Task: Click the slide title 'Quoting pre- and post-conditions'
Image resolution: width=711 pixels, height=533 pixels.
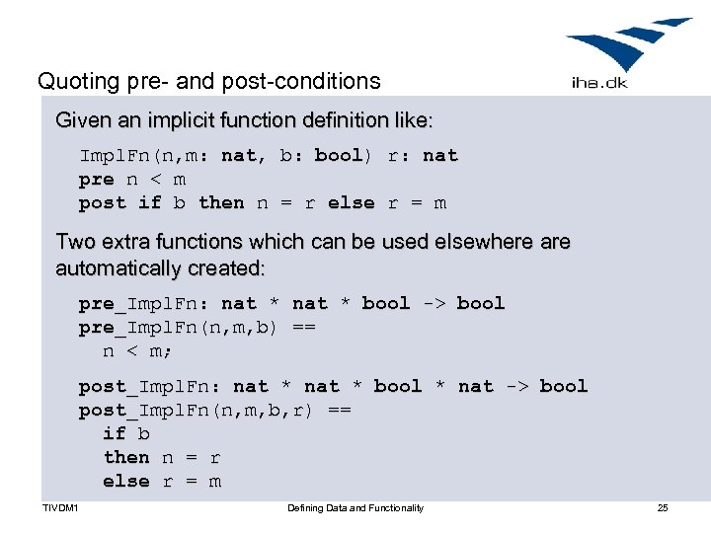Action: [208, 80]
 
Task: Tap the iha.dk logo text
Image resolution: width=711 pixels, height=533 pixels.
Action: [598, 84]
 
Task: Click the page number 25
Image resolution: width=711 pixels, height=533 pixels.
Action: [663, 507]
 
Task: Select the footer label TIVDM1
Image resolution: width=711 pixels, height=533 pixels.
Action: [60, 507]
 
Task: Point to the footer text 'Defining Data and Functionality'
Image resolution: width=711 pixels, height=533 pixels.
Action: [355, 507]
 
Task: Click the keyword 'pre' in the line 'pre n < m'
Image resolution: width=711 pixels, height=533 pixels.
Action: [97, 179]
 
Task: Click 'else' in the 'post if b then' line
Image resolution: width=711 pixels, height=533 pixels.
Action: [351, 202]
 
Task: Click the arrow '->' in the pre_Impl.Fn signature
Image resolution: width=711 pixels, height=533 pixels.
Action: [434, 303]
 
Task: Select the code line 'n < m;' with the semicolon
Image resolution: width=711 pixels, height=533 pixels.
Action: [138, 350]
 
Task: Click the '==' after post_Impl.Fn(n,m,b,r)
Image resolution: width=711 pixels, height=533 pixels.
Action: [339, 410]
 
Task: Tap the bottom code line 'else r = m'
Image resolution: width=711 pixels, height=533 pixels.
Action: [162, 481]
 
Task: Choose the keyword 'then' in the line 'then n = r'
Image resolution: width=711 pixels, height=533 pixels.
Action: [126, 457]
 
